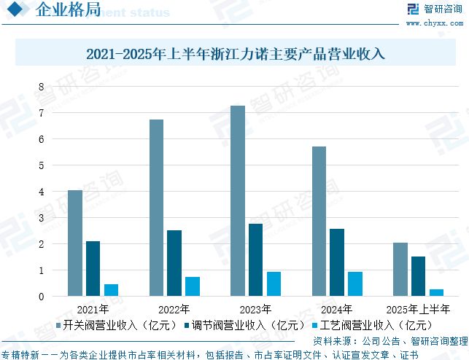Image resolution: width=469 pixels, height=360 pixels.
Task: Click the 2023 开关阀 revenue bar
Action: click(238, 201)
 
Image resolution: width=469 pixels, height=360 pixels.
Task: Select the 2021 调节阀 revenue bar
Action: click(93, 268)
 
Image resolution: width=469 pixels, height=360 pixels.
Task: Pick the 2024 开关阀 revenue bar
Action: click(319, 222)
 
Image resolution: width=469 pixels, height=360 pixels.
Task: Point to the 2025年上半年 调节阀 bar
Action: click(418, 276)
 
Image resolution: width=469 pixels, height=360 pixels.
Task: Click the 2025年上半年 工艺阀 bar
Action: click(436, 292)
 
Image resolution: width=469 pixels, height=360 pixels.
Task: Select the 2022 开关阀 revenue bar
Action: click(156, 208)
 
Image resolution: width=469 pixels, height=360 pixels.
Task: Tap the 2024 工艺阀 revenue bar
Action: click(354, 283)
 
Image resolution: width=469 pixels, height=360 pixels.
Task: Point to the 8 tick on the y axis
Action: click(42, 87)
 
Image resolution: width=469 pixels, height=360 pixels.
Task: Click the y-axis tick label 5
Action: click(42, 165)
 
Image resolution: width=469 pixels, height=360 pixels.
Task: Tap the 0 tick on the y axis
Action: click(42, 297)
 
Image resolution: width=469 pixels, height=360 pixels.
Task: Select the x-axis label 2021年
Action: click(93, 309)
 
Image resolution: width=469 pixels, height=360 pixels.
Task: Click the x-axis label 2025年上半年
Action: click(418, 309)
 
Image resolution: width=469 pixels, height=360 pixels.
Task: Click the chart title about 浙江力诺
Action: click(234, 54)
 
